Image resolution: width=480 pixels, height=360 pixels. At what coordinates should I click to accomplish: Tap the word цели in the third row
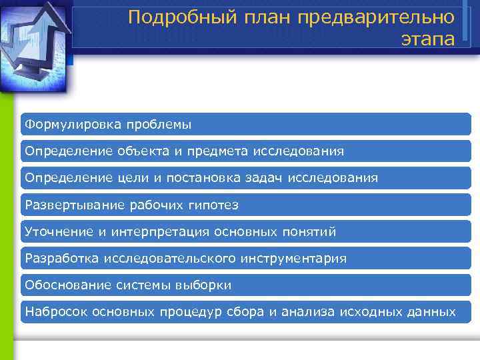(x=128, y=178)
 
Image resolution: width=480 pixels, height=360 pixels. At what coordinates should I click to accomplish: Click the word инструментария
(x=294, y=258)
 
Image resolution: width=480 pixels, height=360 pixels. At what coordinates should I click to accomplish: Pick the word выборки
(x=203, y=285)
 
